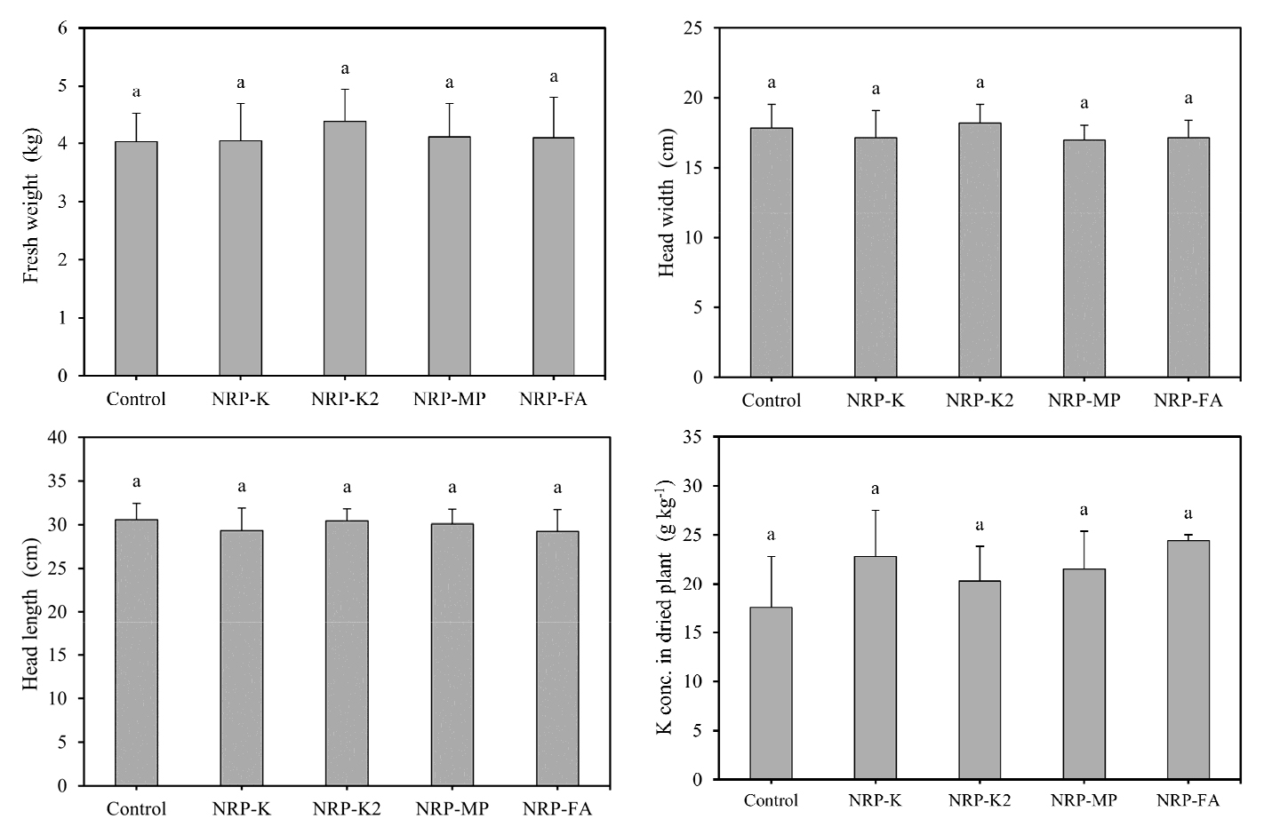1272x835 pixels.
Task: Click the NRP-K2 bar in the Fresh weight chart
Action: [345, 248]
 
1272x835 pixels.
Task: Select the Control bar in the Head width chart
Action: [772, 252]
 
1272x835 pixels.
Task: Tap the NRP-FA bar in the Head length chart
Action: [557, 658]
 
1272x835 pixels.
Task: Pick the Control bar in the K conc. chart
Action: [771, 693]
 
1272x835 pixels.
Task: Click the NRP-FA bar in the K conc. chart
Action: [1188, 660]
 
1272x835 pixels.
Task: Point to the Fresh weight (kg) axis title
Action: [32, 206]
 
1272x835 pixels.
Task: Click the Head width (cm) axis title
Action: [667, 203]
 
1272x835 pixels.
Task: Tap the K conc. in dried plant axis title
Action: [666, 608]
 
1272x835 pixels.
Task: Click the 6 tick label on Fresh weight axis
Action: [62, 28]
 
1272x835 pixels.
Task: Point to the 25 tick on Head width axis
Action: [693, 28]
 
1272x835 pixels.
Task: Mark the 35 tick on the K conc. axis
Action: [692, 437]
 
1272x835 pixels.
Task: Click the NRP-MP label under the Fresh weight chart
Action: [449, 399]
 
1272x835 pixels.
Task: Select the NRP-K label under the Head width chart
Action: [875, 401]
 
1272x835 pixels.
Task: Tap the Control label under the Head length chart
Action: [136, 809]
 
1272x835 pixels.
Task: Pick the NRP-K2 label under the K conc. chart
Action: [980, 800]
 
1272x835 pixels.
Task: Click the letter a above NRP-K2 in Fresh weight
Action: [345, 68]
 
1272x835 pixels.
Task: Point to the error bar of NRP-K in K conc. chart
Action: [875, 533]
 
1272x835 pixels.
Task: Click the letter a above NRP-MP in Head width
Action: [1084, 103]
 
